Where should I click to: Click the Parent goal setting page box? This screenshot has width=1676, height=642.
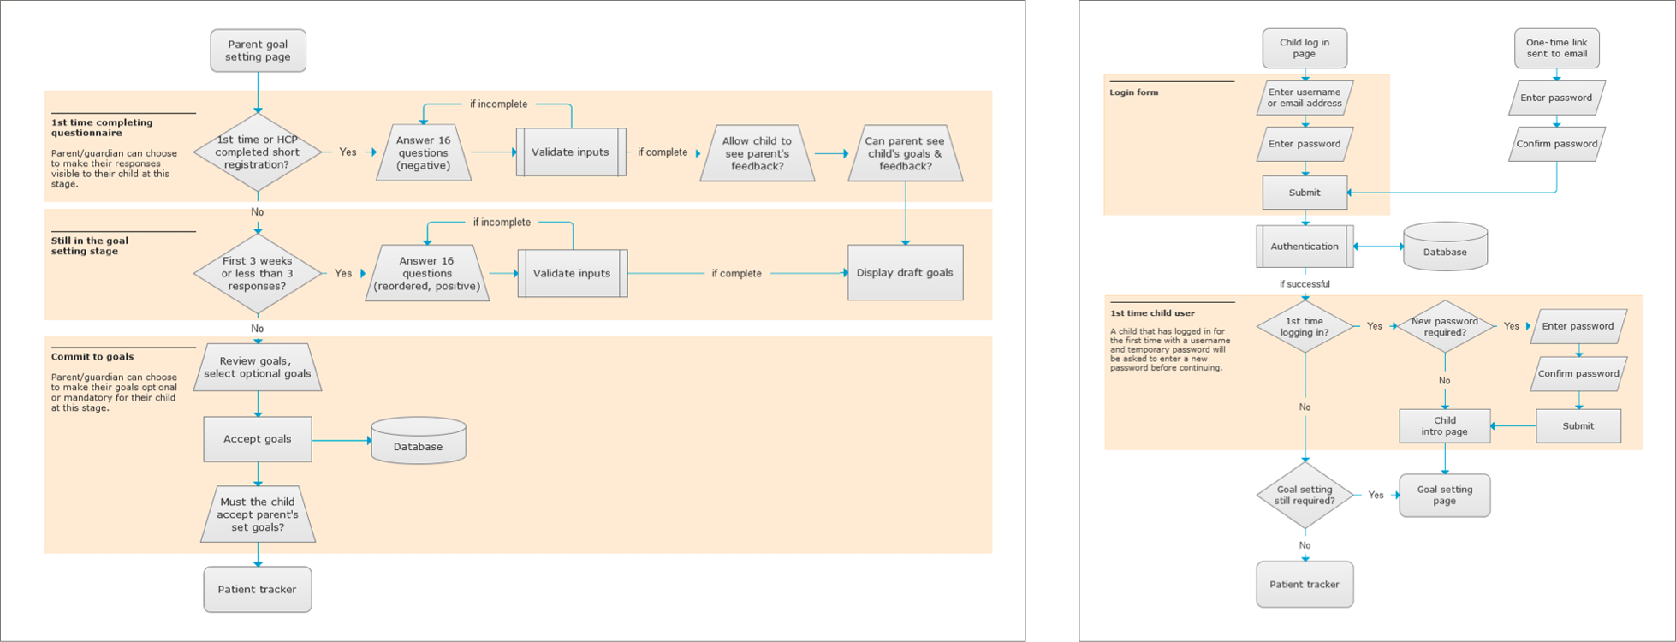(x=258, y=51)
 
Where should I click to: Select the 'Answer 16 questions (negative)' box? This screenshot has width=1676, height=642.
(x=424, y=152)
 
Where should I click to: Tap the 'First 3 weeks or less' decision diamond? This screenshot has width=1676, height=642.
(x=258, y=274)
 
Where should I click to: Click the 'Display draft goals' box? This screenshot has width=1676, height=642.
(x=905, y=273)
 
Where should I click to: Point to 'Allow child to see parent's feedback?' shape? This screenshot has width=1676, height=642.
(x=757, y=153)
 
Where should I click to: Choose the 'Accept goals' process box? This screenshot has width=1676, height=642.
(x=258, y=439)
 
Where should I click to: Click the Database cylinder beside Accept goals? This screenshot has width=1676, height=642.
(x=419, y=441)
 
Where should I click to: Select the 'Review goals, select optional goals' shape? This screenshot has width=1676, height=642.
(x=258, y=367)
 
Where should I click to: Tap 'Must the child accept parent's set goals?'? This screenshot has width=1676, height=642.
(x=258, y=514)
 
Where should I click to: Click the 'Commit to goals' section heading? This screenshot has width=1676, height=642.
(x=92, y=357)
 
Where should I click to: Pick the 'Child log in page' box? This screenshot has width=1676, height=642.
(x=1305, y=48)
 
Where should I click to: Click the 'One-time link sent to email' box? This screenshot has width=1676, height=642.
(x=1556, y=48)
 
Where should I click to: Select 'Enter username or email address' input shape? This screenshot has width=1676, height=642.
(x=1305, y=98)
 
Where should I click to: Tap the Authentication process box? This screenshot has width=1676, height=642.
(x=1305, y=247)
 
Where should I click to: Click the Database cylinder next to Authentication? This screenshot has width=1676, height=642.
(x=1445, y=247)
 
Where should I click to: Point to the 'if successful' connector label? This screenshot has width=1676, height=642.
(x=1305, y=284)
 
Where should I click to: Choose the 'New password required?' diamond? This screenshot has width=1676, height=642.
(x=1445, y=326)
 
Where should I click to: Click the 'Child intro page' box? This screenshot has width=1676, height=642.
(x=1445, y=426)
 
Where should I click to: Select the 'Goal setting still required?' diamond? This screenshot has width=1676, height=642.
(x=1305, y=495)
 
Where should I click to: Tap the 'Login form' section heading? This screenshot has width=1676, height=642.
(x=1134, y=92)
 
